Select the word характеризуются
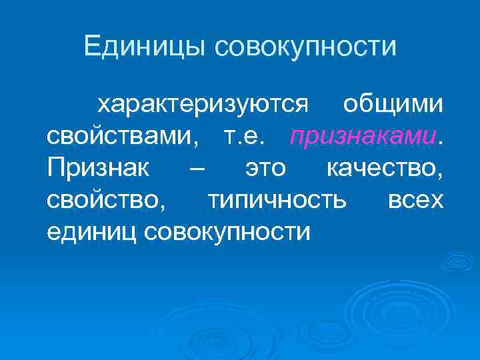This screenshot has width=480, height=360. click(203, 104)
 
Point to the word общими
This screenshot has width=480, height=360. click(392, 104)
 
